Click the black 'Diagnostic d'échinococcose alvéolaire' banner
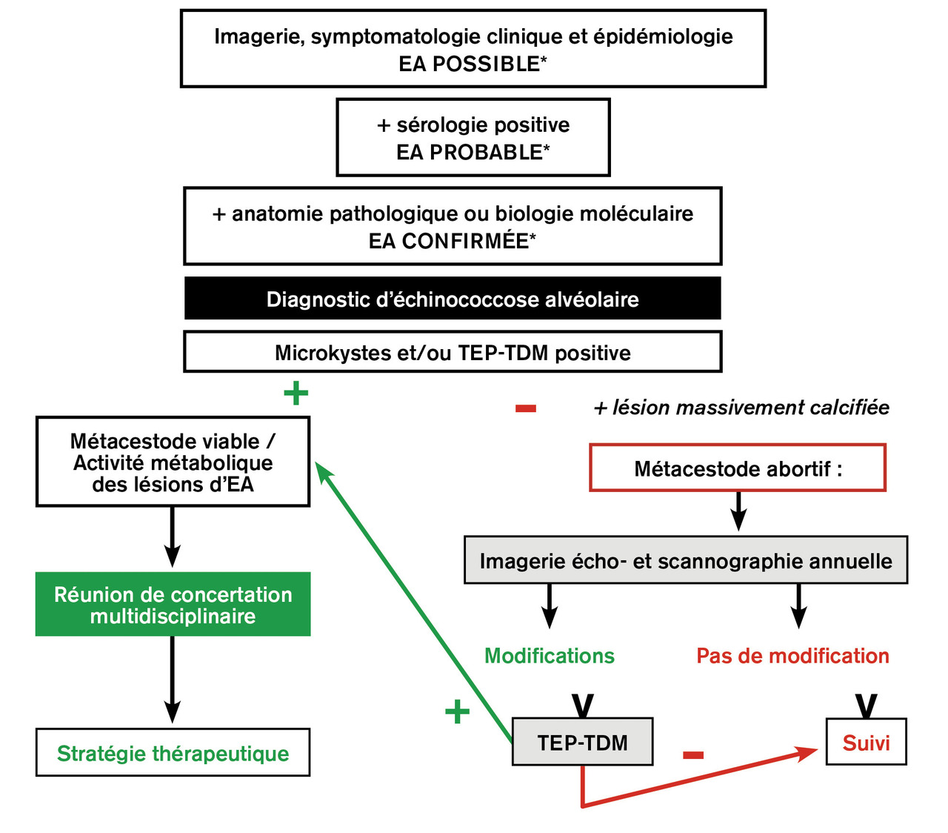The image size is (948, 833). tap(453, 299)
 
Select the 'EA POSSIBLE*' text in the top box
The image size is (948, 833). tap(473, 64)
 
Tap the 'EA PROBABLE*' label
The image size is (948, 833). tap(473, 153)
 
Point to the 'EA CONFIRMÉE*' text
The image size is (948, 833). tap(452, 242)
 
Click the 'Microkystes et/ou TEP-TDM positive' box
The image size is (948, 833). tap(453, 352)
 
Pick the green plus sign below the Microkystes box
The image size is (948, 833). tap(296, 393)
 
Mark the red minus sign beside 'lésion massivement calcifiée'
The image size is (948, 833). tap(526, 408)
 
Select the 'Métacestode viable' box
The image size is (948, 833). tap(173, 462)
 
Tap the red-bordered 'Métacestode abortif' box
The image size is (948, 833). tap(738, 468)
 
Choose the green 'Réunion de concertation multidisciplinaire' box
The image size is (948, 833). tap(173, 605)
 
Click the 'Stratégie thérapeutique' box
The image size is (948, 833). tap(173, 753)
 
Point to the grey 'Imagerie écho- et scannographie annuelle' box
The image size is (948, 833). tap(685, 561)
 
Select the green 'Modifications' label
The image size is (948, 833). tap(549, 656)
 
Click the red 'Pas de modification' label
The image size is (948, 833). tap(792, 656)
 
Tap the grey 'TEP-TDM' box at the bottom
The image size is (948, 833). tap(582, 743)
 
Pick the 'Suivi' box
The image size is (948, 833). tap(866, 743)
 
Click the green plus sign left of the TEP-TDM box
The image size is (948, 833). tap(457, 712)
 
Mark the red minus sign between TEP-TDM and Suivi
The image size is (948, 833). tap(692, 755)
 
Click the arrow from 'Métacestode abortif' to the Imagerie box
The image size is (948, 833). tap(738, 511)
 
